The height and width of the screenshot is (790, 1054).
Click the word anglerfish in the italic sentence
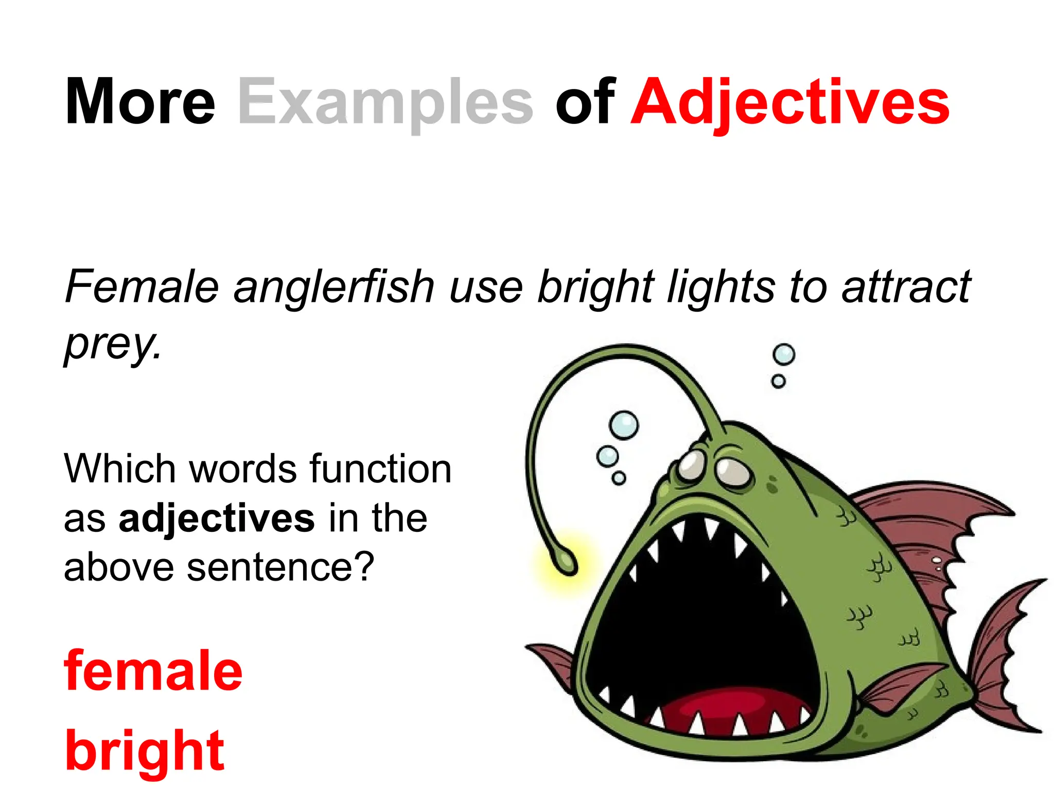[334, 286]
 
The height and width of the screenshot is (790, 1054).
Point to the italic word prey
[113, 343]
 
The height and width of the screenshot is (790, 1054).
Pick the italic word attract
[906, 286]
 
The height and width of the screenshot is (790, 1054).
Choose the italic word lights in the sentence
[721, 286]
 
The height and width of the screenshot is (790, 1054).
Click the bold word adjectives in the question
[216, 518]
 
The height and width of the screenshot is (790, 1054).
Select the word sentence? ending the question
[280, 567]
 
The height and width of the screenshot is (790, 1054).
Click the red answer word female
[153, 671]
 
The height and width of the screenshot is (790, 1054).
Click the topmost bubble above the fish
[784, 354]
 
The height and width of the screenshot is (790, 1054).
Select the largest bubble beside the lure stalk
[624, 425]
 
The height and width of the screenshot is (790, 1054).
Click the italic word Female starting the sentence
[142, 286]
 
